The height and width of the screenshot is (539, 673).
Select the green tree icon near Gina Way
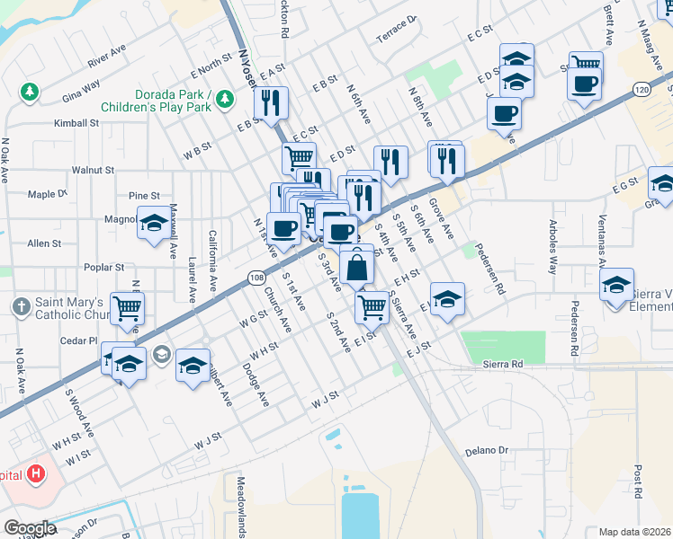click(30, 92)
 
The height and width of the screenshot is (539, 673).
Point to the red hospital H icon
click(36, 473)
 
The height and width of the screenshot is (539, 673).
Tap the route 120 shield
click(641, 90)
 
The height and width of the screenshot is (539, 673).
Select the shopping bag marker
click(357, 266)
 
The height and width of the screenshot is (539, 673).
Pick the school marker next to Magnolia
click(153, 222)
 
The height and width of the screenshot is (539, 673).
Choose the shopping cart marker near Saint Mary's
click(128, 309)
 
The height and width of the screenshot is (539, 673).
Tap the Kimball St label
click(76, 123)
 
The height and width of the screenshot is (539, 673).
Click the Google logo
click(29, 528)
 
